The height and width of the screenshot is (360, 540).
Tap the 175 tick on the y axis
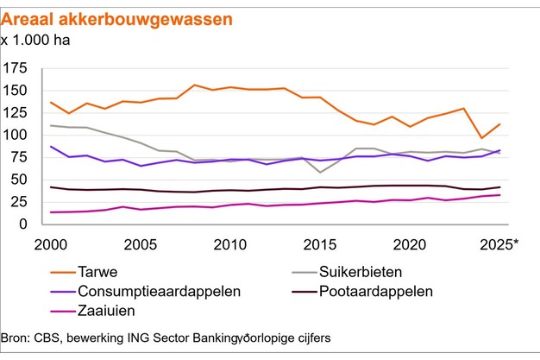coord(16,68)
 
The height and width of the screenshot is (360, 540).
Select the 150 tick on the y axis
coord(16,91)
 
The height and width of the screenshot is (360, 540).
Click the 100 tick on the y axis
coord(16,136)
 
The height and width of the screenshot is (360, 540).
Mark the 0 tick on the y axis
coord(24,224)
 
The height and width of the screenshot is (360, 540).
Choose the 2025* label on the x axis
coord(500,243)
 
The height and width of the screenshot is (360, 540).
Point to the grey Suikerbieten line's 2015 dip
coord(320,173)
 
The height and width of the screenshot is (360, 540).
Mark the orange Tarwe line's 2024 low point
coord(481,138)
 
